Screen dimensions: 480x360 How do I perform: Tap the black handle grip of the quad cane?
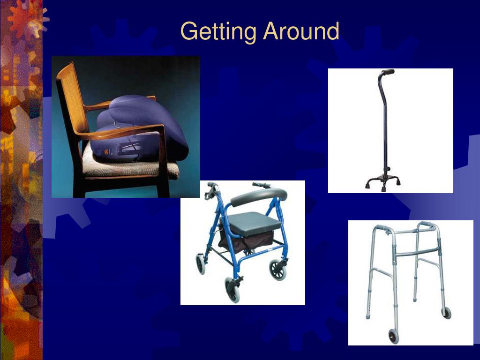click(x=387, y=72)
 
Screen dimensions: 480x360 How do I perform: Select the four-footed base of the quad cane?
click(x=383, y=183)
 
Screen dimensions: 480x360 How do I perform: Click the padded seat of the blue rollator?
click(x=255, y=223)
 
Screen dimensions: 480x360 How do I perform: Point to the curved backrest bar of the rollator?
click(x=259, y=196)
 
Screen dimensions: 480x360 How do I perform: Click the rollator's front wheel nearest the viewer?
click(x=233, y=290)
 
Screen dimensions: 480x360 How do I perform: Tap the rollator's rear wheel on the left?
click(x=201, y=264)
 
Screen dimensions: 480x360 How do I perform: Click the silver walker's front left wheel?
click(x=393, y=336)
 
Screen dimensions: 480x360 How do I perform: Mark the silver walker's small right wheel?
click(x=446, y=313)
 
